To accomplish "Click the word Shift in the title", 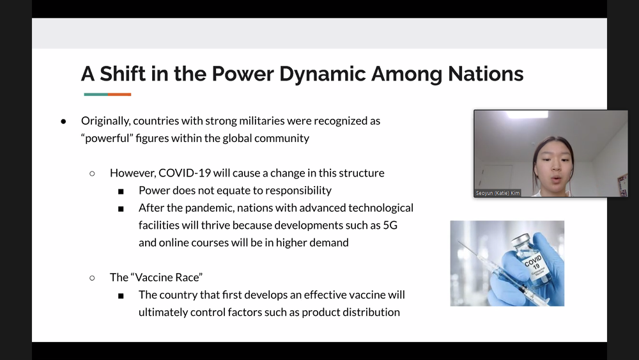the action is [123, 74].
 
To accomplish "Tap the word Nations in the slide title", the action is [486, 74].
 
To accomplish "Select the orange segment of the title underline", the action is [119, 95].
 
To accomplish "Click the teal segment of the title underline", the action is [96, 95].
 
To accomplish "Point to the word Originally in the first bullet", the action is [105, 121].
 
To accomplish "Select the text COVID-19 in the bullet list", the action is [185, 173].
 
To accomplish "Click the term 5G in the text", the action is [390, 225].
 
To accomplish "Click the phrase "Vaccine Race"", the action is [166, 278].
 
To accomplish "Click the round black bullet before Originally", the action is [63, 121].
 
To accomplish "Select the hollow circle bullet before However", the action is [92, 174].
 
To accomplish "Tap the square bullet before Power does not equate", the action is [121, 191].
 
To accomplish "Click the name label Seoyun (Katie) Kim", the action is [498, 193].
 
